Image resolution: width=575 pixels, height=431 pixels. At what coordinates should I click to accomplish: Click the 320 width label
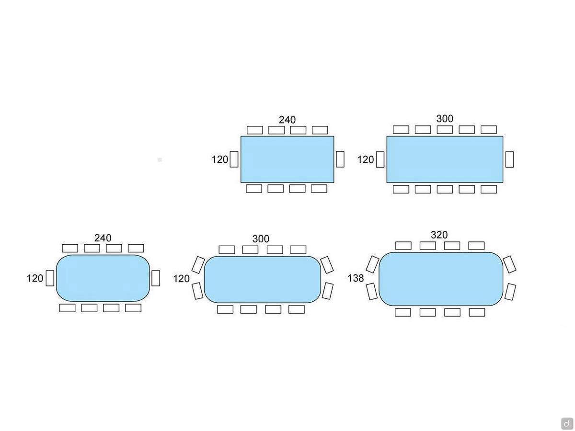439,235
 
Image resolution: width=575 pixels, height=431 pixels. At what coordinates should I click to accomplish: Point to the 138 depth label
356,278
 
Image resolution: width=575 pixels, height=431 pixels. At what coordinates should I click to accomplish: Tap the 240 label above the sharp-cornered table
287,120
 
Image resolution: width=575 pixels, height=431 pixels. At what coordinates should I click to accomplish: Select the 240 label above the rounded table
103,238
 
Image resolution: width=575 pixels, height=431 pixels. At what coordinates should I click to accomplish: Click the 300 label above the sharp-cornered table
445,119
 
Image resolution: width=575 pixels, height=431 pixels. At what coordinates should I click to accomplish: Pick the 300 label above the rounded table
261,238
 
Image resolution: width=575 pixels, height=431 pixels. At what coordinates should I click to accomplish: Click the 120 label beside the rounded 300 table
181,279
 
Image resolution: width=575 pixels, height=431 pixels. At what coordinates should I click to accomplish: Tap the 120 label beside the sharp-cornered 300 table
366,159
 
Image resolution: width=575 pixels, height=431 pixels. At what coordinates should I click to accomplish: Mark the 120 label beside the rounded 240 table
35,278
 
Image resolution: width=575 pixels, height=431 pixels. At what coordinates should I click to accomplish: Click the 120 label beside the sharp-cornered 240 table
220,159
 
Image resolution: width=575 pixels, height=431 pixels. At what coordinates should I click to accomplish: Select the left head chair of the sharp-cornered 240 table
234,159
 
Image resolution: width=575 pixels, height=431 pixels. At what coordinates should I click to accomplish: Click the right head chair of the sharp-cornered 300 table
509,159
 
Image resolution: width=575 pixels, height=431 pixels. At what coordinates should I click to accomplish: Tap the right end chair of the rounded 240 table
155,278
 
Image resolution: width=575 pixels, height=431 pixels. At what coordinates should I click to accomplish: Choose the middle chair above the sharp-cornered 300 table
445,129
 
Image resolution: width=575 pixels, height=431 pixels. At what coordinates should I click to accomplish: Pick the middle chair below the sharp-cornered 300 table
445,189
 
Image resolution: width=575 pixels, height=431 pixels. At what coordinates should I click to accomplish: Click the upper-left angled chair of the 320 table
372,264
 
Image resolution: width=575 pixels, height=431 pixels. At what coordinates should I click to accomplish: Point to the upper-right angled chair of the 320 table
509,264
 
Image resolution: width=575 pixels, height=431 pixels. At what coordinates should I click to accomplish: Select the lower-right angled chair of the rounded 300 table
327,291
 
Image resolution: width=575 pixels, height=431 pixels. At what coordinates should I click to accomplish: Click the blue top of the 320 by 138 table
441,279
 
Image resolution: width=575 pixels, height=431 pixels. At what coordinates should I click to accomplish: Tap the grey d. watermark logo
567,423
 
